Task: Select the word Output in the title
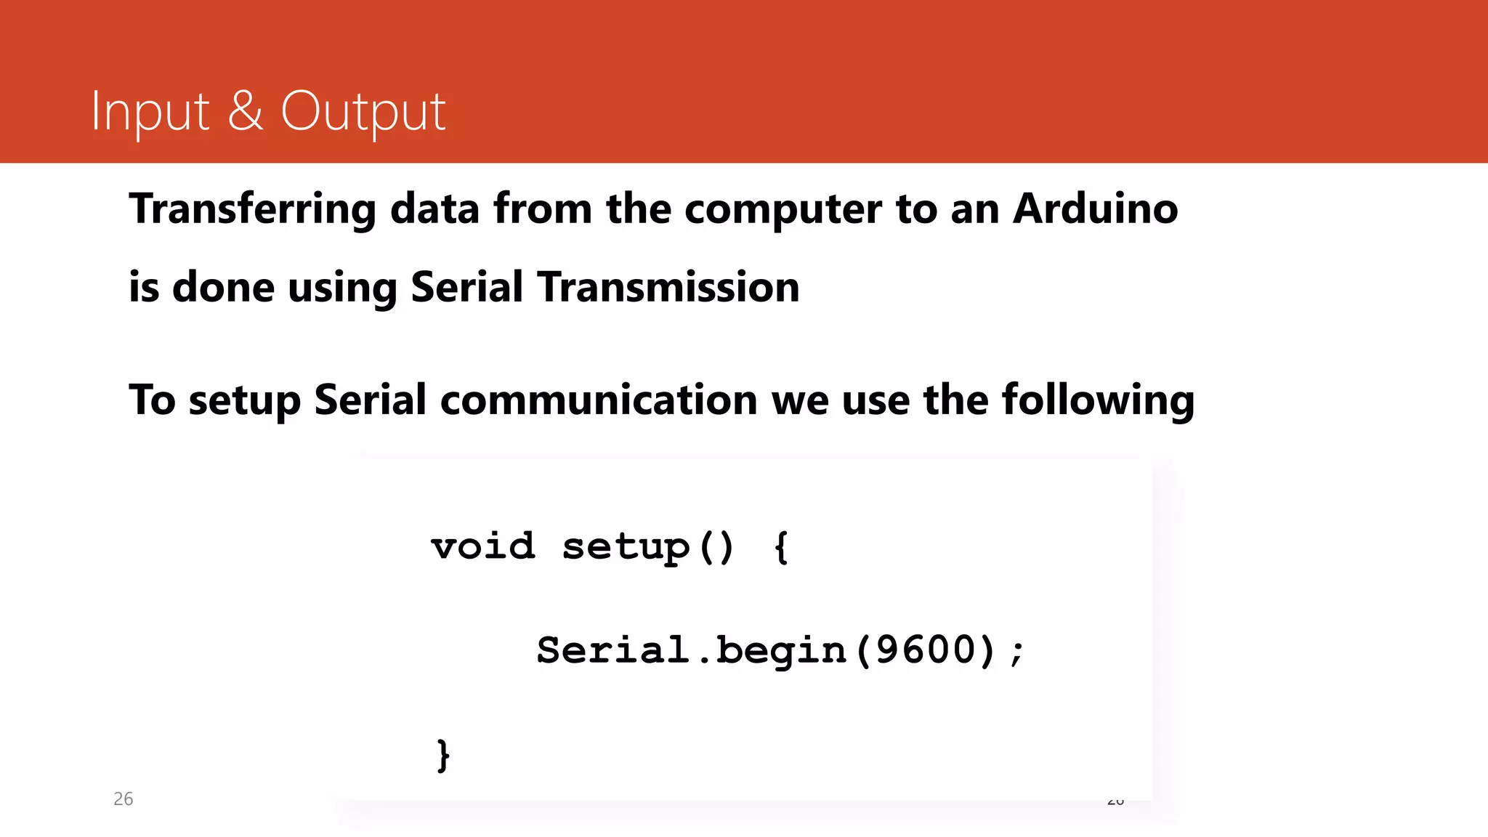[363, 112]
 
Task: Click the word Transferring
[252, 210]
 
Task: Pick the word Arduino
[1095, 209]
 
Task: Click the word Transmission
[668, 287]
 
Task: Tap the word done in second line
[223, 287]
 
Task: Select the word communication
[599, 400]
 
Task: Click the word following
[1097, 400]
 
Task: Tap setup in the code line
[626, 547]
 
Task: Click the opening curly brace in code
[781, 547]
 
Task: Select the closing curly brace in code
[443, 756]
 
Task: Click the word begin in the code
[781, 651]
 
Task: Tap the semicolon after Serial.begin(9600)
[1017, 651]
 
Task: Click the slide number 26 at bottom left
[124, 799]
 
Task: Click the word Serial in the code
[612, 650]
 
